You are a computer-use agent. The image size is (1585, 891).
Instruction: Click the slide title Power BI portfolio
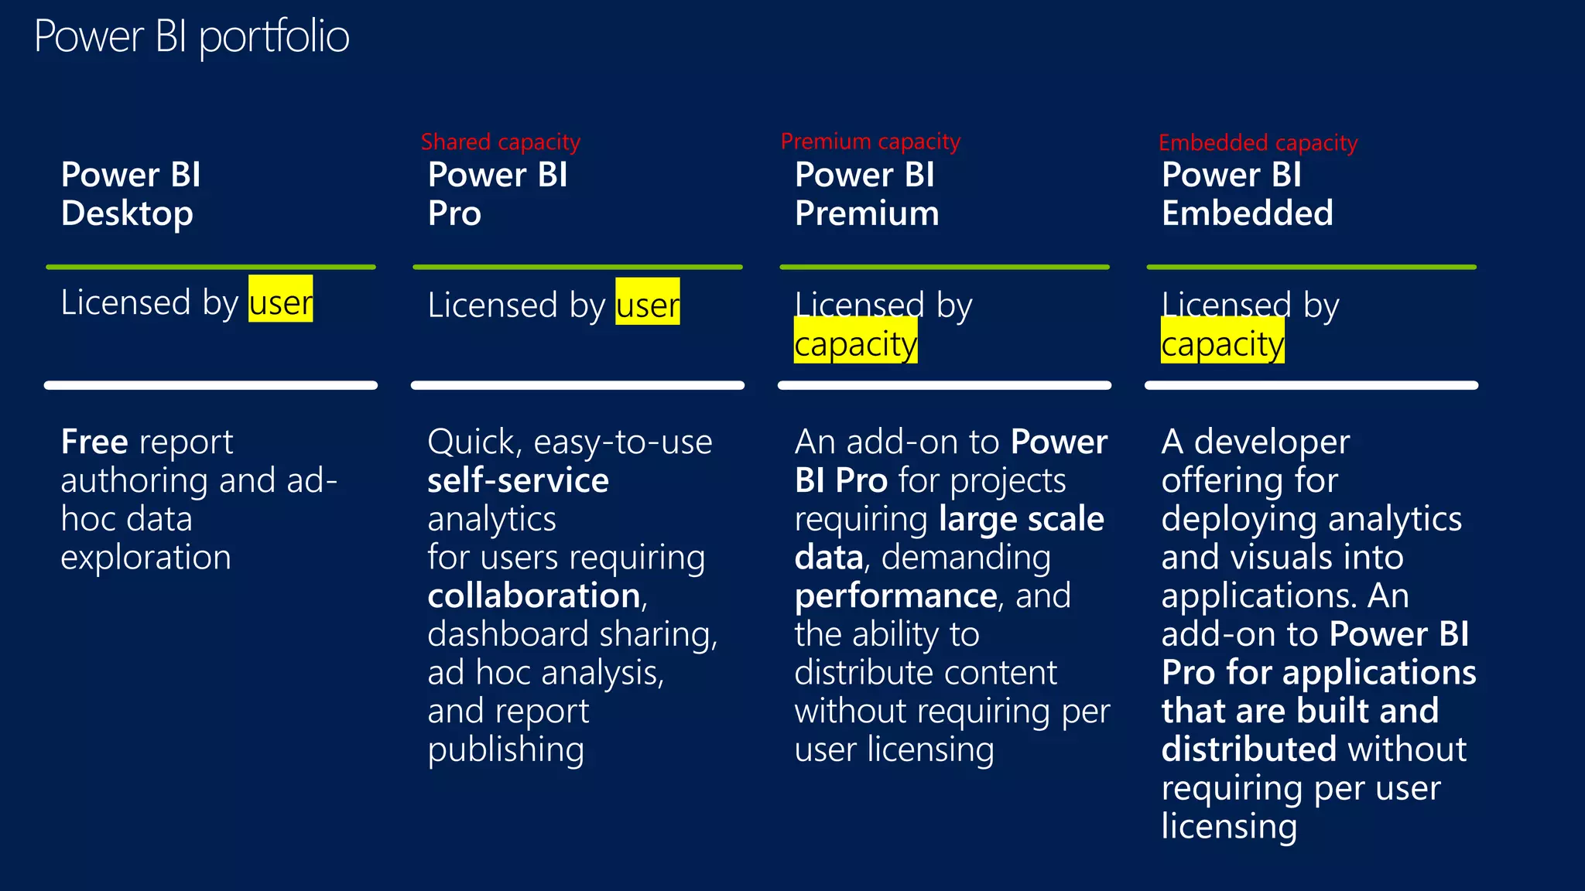click(191, 36)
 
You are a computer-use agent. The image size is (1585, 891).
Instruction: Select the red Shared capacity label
click(500, 142)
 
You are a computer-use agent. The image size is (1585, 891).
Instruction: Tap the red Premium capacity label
click(870, 142)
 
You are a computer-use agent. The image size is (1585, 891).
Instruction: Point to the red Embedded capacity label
click(1258, 143)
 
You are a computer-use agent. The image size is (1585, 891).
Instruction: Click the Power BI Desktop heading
click(131, 194)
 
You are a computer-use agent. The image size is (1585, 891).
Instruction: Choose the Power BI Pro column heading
click(498, 194)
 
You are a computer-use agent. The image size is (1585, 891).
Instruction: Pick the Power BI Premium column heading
click(866, 194)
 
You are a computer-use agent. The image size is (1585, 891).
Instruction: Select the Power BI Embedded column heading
click(1247, 194)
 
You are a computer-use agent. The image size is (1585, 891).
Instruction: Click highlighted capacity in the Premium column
click(855, 343)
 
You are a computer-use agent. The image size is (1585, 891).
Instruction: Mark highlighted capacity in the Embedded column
click(1222, 343)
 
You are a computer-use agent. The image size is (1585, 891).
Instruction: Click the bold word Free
click(94, 442)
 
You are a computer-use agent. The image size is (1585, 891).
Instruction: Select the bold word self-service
click(518, 481)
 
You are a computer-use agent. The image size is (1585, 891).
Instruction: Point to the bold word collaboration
click(534, 596)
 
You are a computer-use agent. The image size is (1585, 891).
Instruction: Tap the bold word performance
click(895, 596)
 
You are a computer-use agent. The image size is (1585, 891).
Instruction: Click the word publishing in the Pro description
click(505, 749)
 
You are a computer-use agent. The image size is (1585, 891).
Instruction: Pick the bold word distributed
click(1248, 749)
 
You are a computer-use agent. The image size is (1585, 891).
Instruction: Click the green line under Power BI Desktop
click(211, 267)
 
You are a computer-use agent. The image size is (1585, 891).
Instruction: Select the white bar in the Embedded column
click(1311, 385)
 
